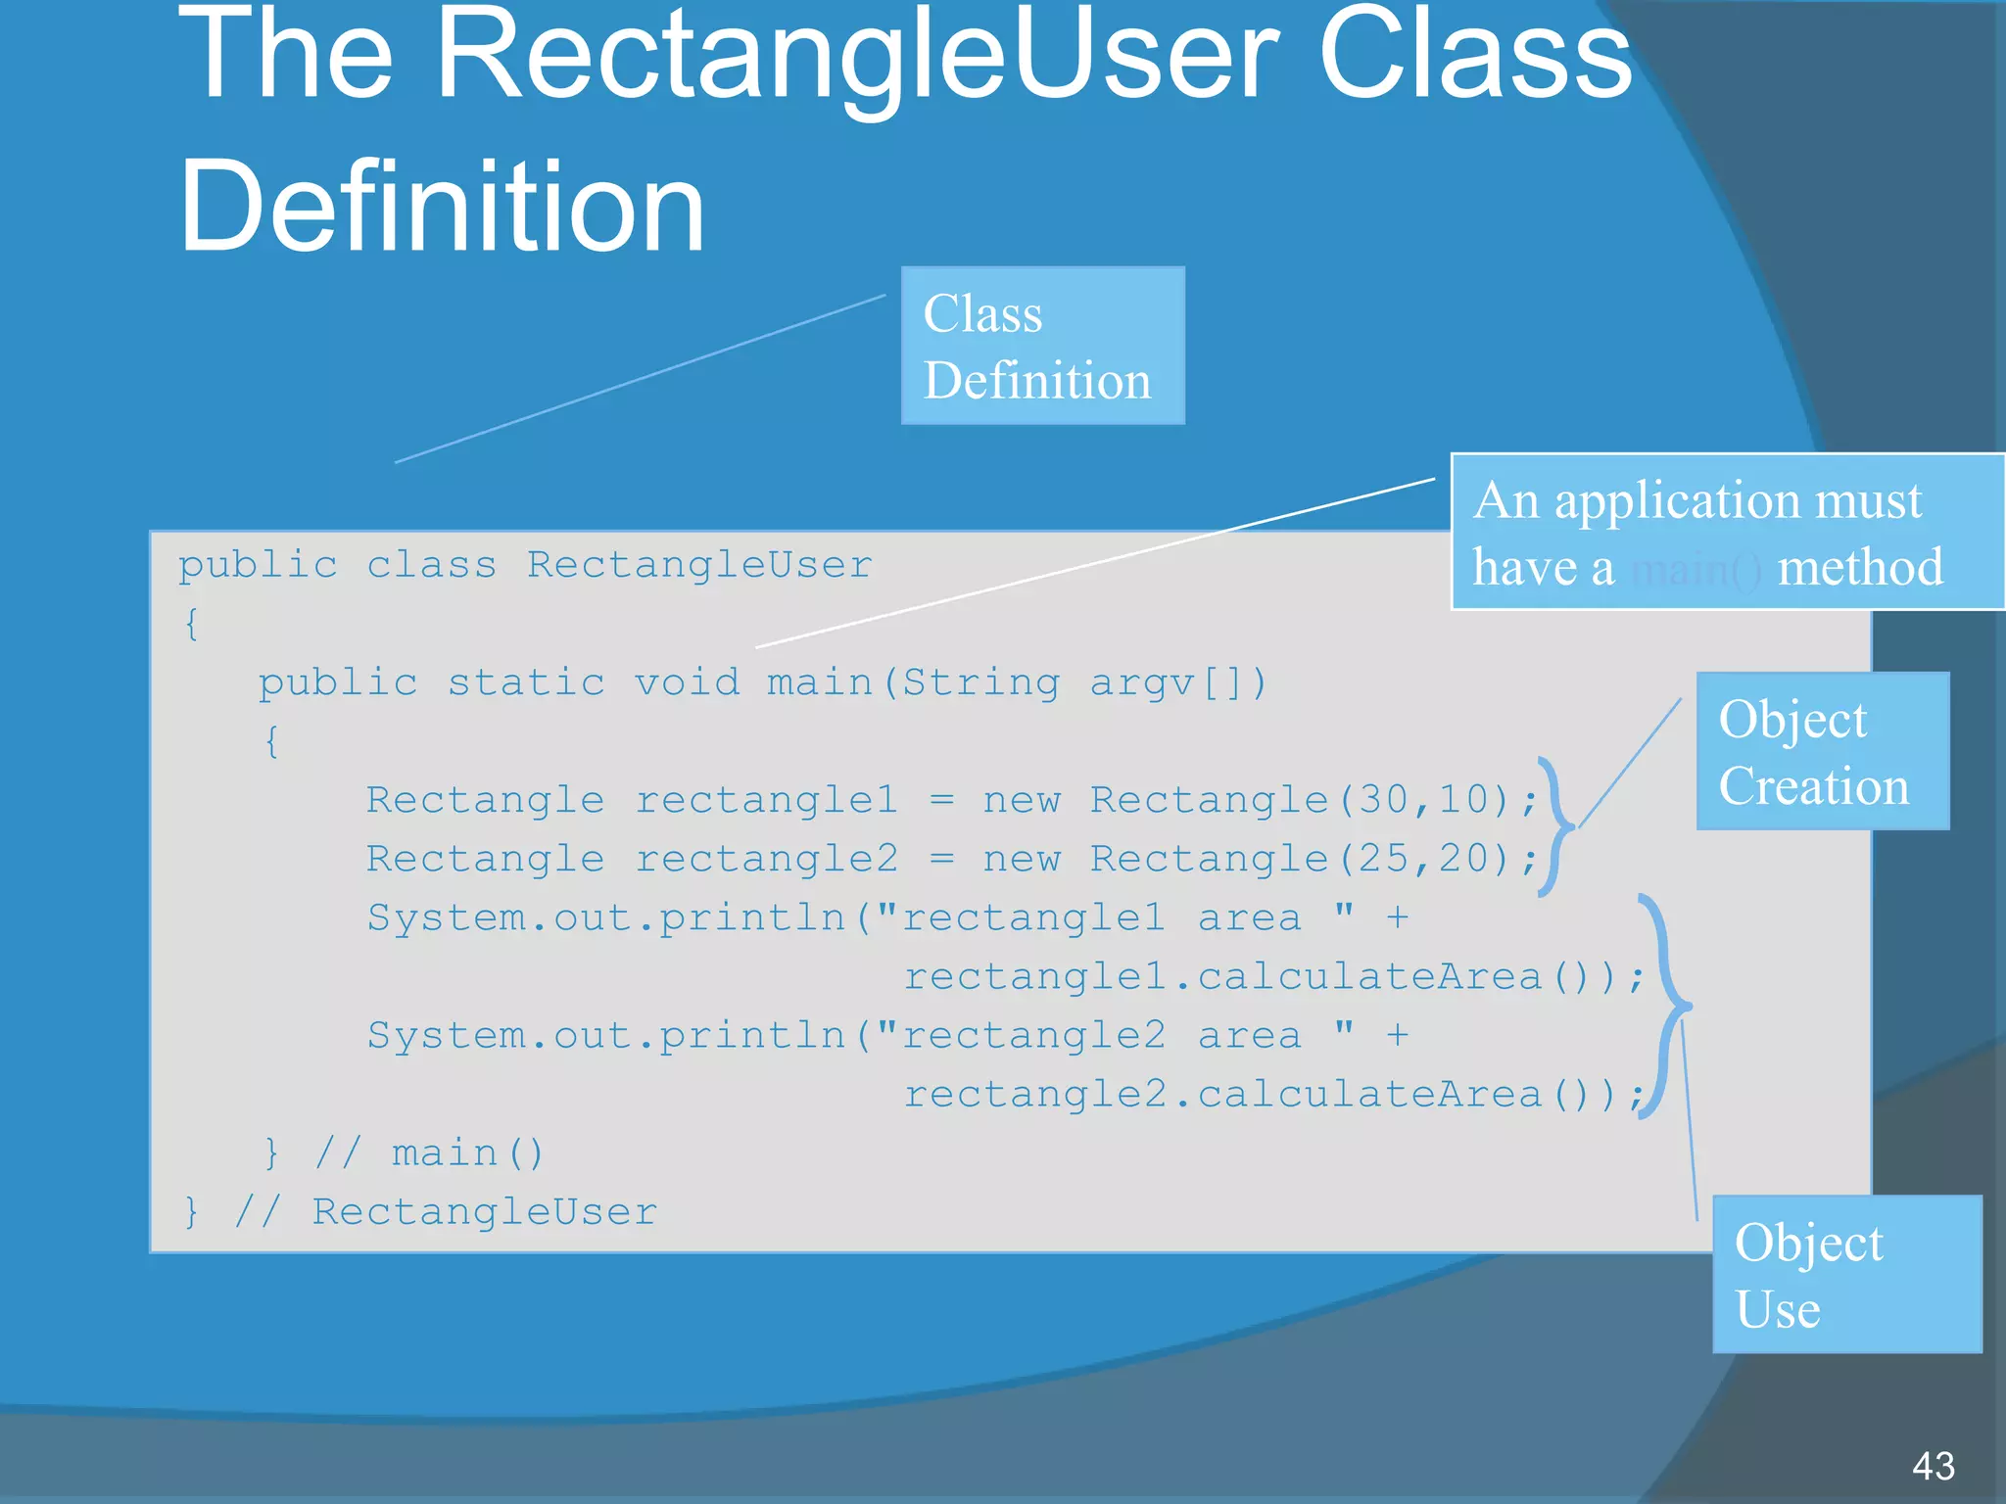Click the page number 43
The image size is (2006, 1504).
[x=1933, y=1466]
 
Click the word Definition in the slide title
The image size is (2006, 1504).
[x=442, y=208]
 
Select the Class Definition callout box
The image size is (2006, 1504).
[x=1042, y=346]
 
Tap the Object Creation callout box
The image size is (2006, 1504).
[x=1822, y=751]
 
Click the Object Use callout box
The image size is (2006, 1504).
[x=1846, y=1274]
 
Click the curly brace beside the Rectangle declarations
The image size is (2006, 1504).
[x=1556, y=827]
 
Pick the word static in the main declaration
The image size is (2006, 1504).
[x=526, y=682]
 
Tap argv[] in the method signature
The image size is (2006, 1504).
[x=1178, y=682]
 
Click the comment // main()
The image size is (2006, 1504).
[x=429, y=1153]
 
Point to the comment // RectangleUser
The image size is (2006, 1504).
[x=446, y=1212]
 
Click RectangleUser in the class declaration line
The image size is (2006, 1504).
[x=699, y=565]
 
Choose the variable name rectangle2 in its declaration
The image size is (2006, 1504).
[x=766, y=859]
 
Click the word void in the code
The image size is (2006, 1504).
[x=687, y=682]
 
